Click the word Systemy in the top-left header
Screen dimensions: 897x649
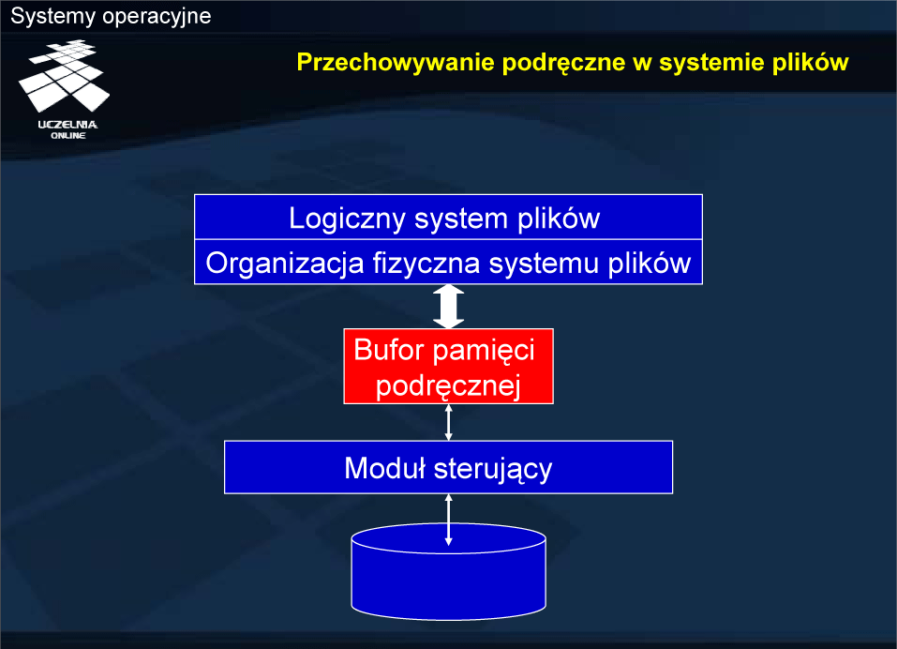tap(52, 17)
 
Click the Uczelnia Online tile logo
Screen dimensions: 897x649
tap(64, 76)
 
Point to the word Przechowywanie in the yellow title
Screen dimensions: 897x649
tap(396, 63)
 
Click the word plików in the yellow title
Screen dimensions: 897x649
tap(810, 63)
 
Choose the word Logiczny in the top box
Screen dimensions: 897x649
tap(347, 219)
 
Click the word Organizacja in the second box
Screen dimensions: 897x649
tap(285, 264)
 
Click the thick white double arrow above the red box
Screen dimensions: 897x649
tap(448, 307)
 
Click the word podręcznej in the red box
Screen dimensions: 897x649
tap(448, 386)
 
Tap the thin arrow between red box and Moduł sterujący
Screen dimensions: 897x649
tap(448, 422)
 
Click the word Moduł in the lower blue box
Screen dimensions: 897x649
tap(385, 468)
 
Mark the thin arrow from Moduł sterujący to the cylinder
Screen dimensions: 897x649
tap(448, 520)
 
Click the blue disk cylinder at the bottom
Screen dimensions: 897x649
tap(448, 571)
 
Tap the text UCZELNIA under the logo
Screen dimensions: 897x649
tap(67, 125)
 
